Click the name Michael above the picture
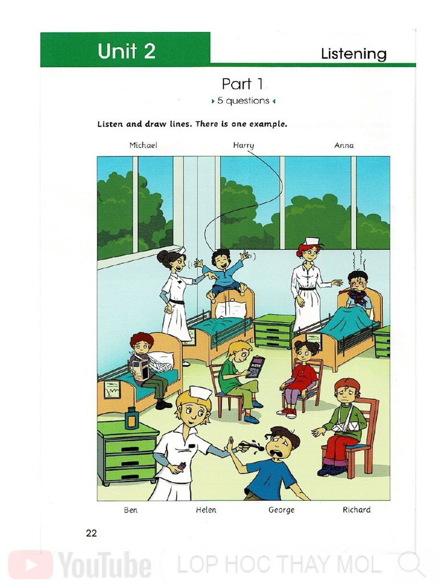point(143,145)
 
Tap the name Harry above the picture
point(244,145)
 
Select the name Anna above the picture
point(344,145)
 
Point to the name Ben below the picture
point(131,510)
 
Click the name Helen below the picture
point(206,510)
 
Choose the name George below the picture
point(281,510)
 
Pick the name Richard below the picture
point(356,510)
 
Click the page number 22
point(91,533)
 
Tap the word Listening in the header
point(354,54)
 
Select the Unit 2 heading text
point(127,51)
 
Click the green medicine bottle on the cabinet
point(131,418)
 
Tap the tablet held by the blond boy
point(255,367)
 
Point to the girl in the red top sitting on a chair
point(301,376)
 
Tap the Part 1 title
point(242,84)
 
